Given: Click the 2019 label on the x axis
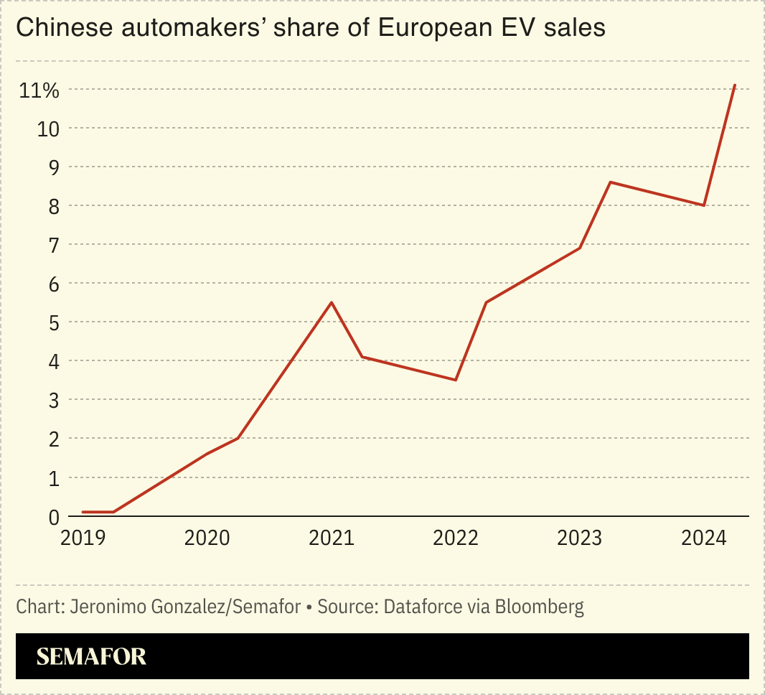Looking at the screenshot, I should pos(83,538).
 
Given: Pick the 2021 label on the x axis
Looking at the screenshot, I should pos(331,538).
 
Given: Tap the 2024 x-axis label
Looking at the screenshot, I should pos(704,538).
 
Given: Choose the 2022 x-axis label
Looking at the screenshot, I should pos(456,538).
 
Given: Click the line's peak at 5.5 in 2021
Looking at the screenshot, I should pos(331,302).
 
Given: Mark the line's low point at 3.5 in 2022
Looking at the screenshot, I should pos(456,380).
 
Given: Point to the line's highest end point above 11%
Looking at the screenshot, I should pos(735,85).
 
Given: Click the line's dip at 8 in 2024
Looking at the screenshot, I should pos(704,205).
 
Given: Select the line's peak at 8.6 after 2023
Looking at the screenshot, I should pos(610,182).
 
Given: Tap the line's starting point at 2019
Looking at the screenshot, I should pos(83,512).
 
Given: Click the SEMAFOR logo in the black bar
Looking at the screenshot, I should pos(91,656).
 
